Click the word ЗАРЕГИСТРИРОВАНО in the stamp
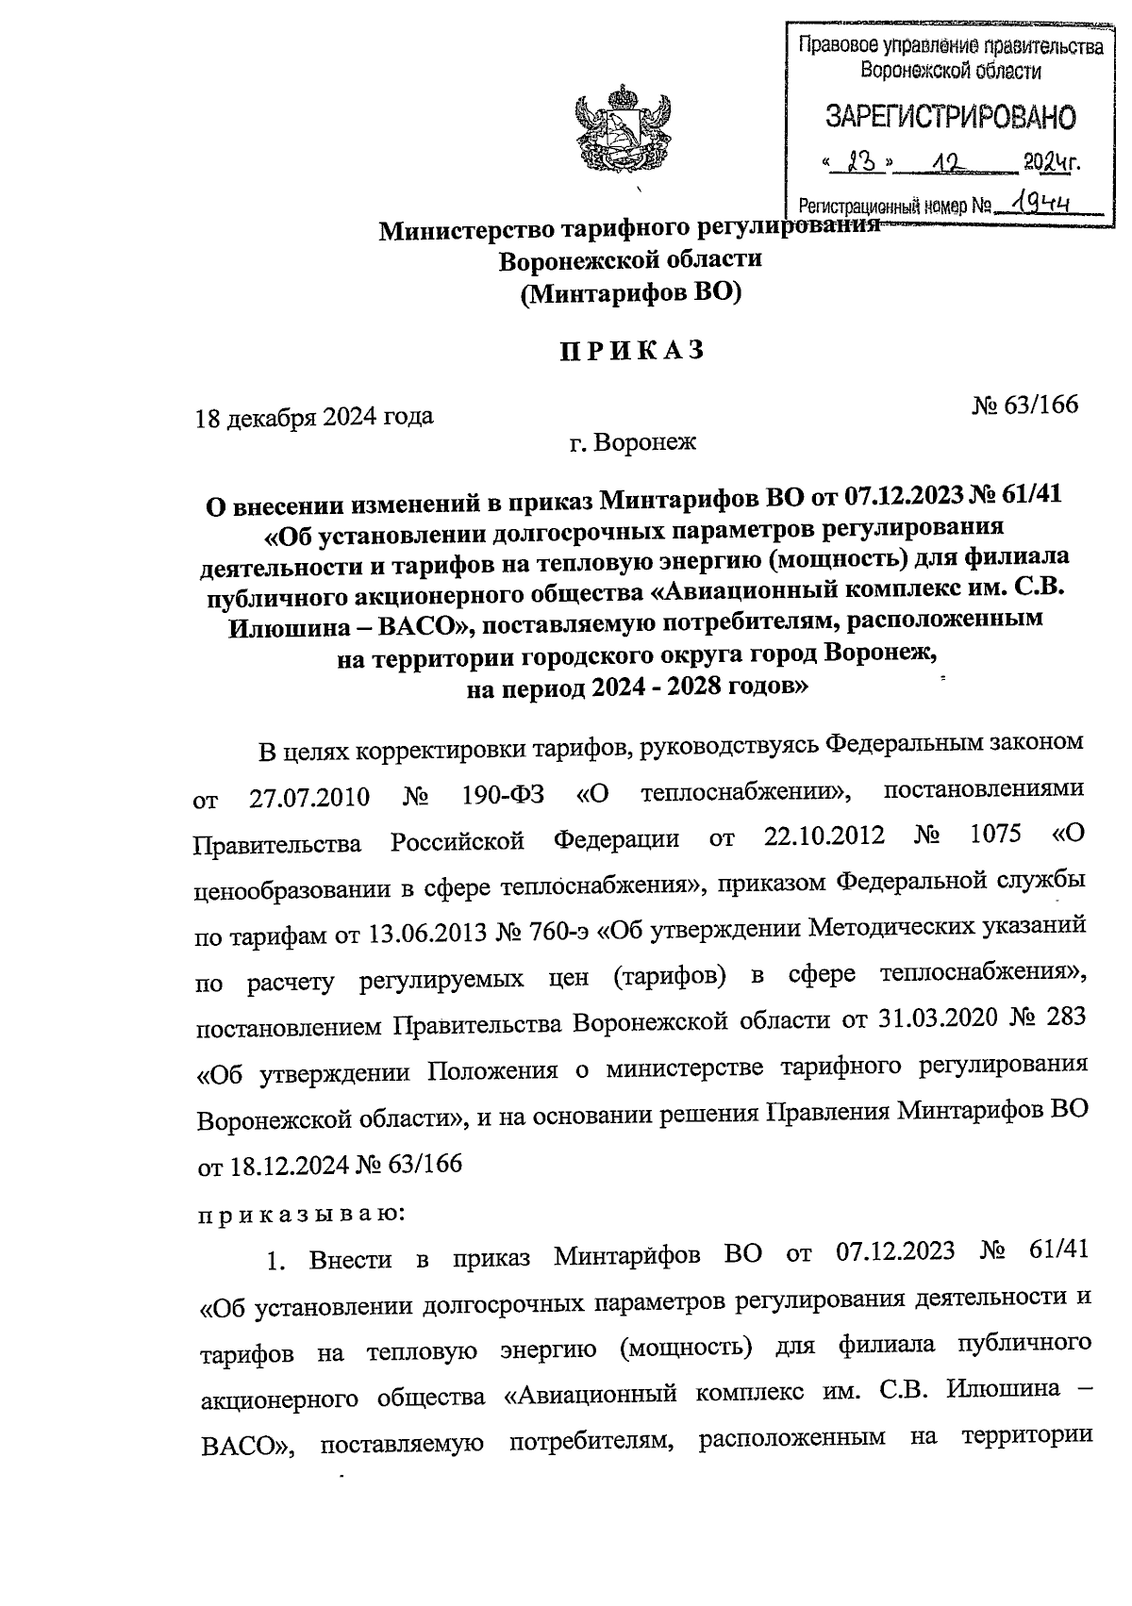(950, 117)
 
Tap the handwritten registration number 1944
(1039, 202)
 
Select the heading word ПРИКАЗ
(632, 351)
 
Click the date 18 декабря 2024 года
(314, 417)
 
